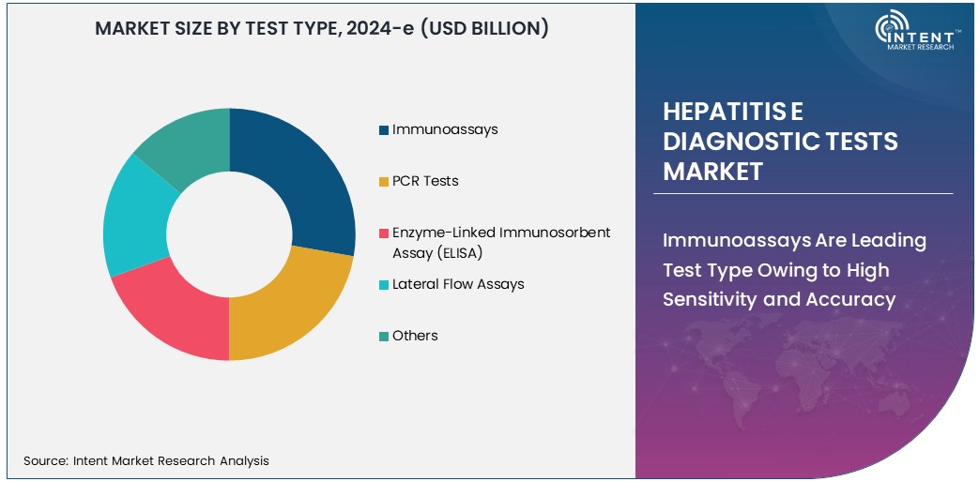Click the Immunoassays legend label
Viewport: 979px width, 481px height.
[x=445, y=129]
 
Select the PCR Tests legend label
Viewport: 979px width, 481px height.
[x=425, y=181]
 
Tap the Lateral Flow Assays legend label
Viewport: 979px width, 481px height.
[x=458, y=284]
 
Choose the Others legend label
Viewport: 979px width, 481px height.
[x=415, y=336]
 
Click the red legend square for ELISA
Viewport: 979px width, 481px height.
[x=384, y=233]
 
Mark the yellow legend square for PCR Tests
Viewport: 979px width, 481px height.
[x=384, y=182]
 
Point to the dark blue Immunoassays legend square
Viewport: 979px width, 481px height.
[x=384, y=130]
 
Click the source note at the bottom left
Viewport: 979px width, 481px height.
[x=145, y=460]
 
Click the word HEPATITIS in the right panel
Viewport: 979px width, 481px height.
[x=722, y=112]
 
